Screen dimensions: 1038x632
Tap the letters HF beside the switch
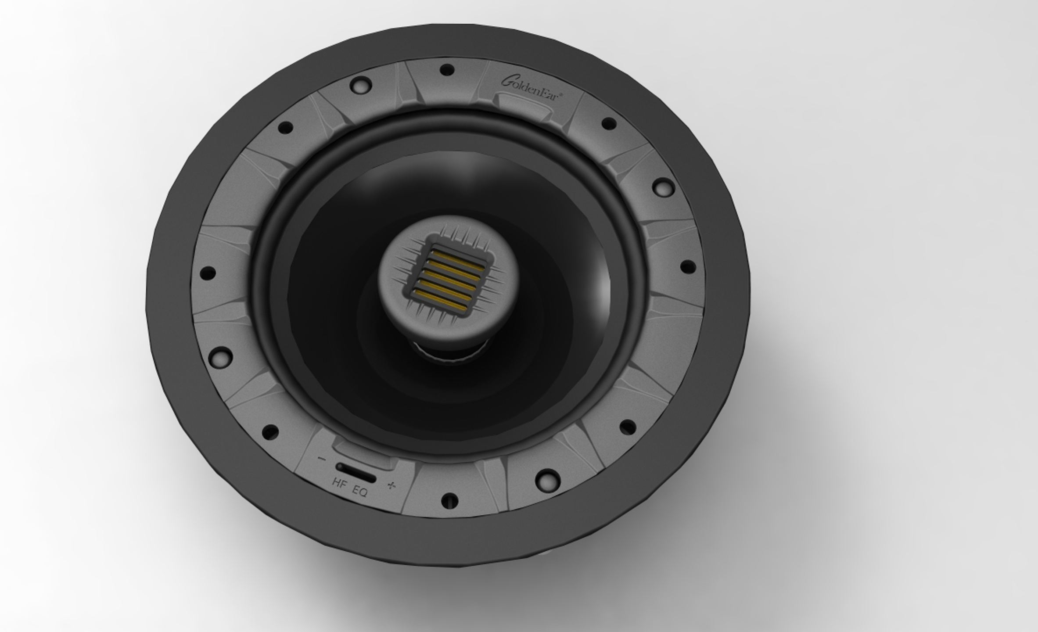pos(340,483)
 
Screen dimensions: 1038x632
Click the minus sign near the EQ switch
pos(322,459)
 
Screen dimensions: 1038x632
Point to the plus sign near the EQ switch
pos(391,485)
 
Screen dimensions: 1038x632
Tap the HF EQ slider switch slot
pos(356,472)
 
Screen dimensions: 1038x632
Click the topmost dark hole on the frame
pos(447,70)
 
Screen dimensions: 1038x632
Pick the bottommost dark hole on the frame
pos(449,500)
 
